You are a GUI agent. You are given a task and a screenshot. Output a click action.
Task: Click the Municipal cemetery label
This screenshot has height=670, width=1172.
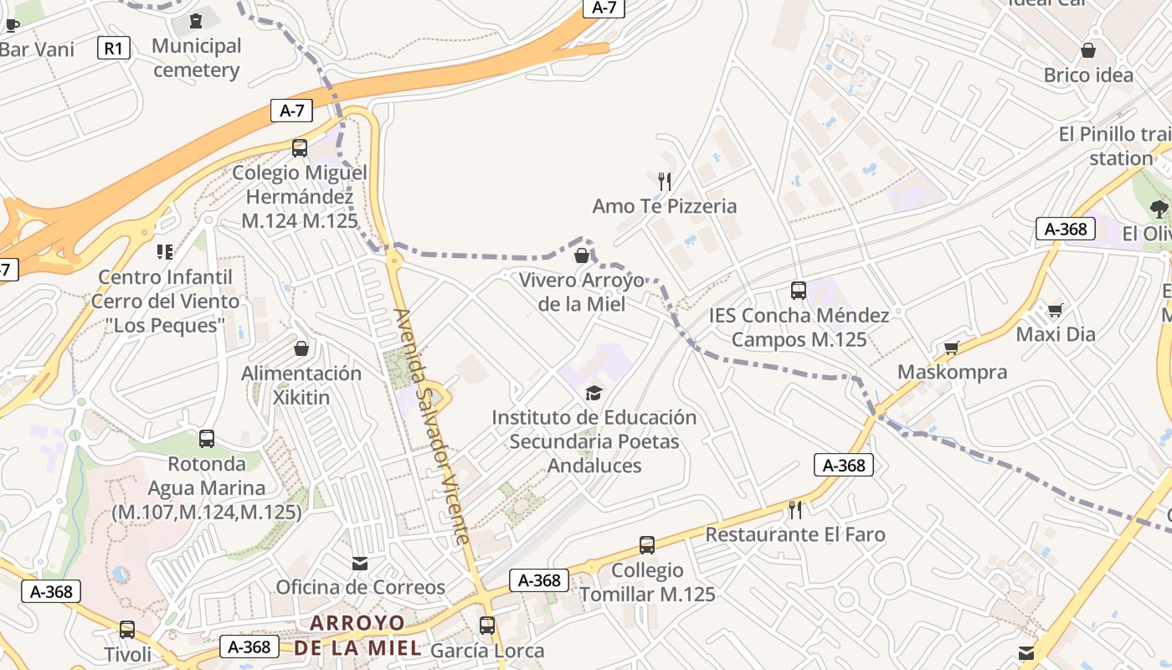point(197,58)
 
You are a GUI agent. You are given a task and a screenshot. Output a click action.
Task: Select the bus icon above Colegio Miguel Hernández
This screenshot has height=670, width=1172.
point(300,148)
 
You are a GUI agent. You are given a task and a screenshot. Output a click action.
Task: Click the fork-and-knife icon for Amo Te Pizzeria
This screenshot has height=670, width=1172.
point(665,181)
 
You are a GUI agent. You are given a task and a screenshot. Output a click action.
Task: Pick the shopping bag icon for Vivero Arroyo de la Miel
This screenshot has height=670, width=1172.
point(582,255)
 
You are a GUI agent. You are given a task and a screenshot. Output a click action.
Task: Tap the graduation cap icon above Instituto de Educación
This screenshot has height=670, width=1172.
point(594,393)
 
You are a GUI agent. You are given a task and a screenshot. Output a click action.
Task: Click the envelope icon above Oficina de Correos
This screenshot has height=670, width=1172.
point(360,564)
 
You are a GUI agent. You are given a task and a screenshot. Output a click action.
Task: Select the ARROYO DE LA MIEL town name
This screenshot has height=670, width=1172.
point(357,635)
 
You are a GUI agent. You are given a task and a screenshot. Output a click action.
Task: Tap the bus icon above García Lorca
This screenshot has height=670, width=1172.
point(487,626)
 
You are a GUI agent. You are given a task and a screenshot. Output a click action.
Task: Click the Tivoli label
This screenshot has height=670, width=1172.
point(128,654)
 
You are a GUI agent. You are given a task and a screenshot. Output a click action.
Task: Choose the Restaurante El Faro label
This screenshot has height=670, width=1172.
point(794,534)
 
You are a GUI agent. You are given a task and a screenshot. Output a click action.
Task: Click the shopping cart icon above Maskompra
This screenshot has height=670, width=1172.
point(951,348)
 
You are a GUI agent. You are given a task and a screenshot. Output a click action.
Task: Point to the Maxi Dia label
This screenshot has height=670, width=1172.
point(1055,334)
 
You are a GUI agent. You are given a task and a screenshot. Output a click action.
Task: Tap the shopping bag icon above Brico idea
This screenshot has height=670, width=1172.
point(1088,50)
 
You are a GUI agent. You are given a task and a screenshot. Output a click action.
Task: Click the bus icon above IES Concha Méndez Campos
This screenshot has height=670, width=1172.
point(799,291)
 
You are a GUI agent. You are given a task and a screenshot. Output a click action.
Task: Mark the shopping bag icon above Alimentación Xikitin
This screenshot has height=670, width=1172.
point(301,348)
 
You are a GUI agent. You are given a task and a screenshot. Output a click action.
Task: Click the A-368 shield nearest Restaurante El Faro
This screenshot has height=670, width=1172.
point(844,466)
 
